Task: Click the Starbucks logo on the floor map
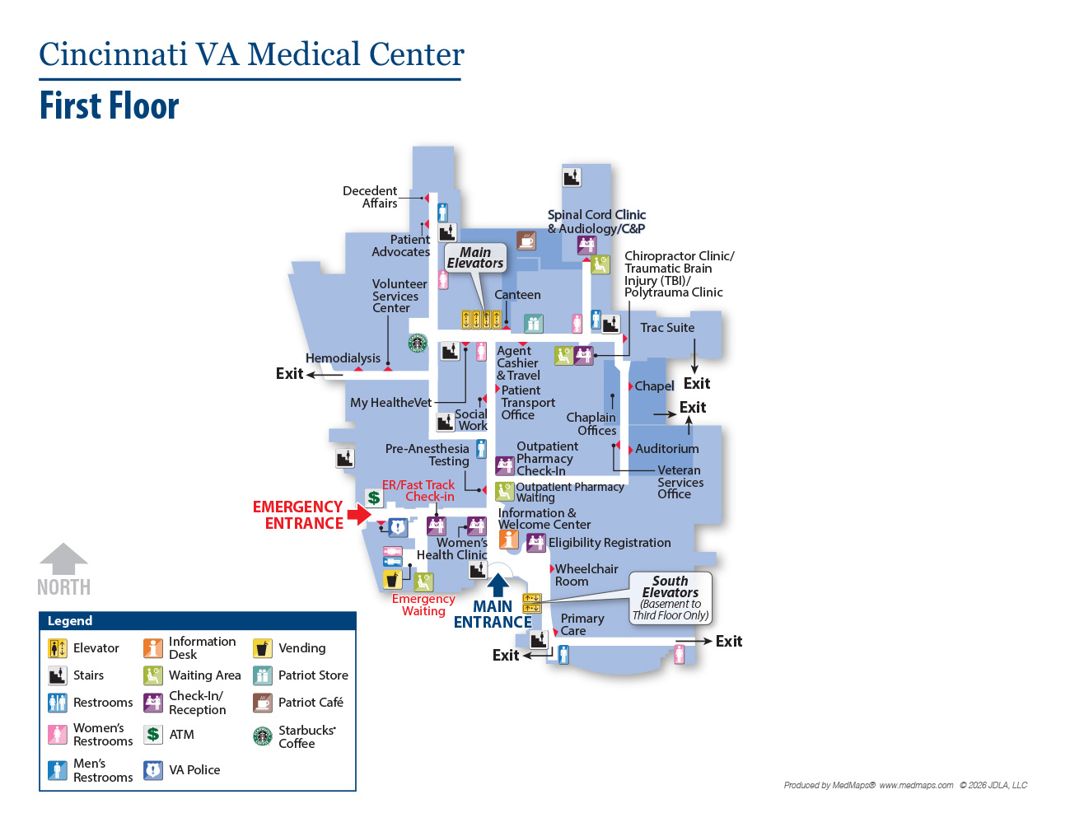click(418, 343)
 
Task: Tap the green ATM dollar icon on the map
click(374, 498)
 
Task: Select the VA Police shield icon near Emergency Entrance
click(397, 528)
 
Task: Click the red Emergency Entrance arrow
click(359, 515)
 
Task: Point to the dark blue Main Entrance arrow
click(498, 586)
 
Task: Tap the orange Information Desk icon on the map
click(509, 539)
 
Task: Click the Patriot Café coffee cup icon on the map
click(526, 241)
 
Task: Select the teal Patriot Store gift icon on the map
click(533, 324)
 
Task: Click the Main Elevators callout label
click(475, 258)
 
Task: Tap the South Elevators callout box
click(671, 598)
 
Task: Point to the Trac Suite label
click(667, 328)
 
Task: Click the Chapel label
click(654, 386)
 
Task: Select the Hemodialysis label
click(343, 358)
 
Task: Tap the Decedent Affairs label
click(370, 197)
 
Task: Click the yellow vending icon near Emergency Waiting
click(392, 579)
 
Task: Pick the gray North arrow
click(63, 558)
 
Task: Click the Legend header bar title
click(70, 621)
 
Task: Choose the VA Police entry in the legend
click(182, 770)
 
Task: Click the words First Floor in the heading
click(110, 105)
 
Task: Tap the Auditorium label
click(666, 449)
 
